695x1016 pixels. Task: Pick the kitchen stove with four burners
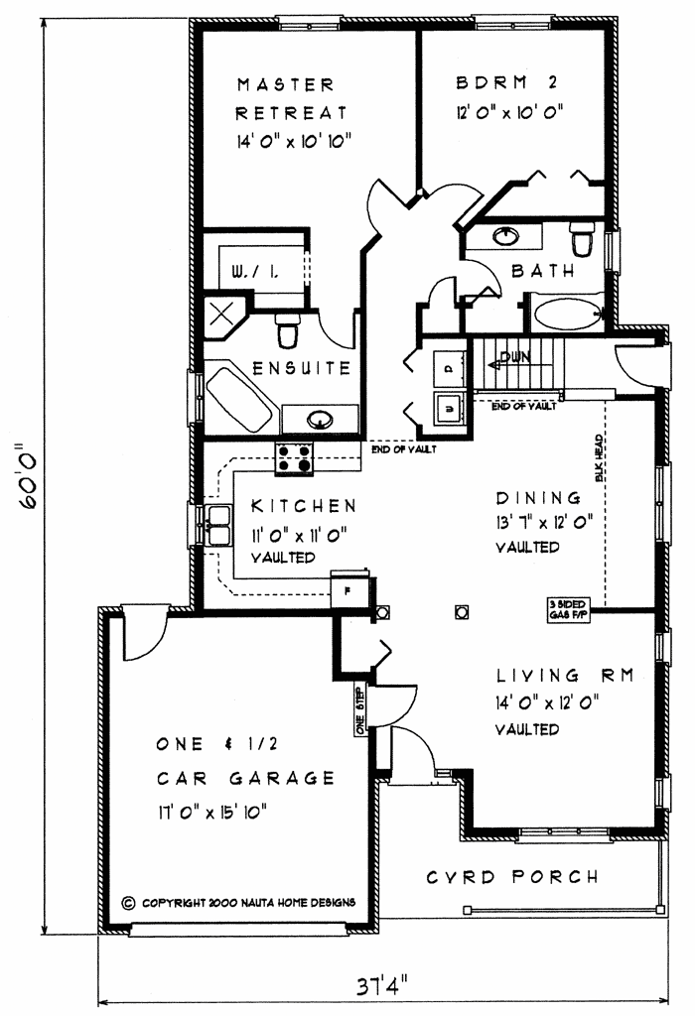click(295, 459)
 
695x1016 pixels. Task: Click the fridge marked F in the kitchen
click(348, 587)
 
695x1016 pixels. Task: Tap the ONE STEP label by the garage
click(359, 708)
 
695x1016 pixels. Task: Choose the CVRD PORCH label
click(512, 877)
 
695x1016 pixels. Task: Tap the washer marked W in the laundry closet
click(448, 407)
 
